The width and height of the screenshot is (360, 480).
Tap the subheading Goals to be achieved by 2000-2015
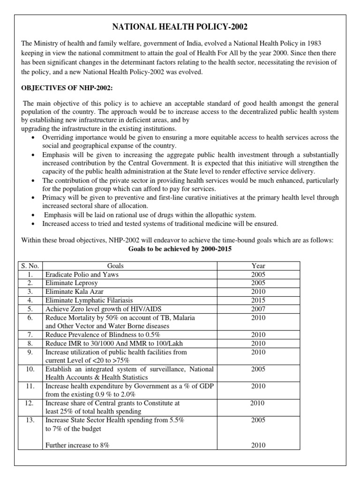(x=180, y=249)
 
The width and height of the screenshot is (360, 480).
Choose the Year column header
(x=258, y=266)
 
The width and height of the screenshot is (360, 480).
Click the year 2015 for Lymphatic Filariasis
(x=258, y=300)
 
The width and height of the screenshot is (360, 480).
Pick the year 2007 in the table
(x=258, y=309)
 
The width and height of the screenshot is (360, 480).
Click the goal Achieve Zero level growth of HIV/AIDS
(x=104, y=309)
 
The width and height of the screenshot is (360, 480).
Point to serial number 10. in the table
(x=30, y=369)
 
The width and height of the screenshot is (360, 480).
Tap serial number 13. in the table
(x=30, y=420)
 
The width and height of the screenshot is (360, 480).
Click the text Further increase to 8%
(x=77, y=446)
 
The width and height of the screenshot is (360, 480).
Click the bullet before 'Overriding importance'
(x=33, y=137)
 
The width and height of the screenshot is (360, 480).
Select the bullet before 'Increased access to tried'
(x=33, y=224)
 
